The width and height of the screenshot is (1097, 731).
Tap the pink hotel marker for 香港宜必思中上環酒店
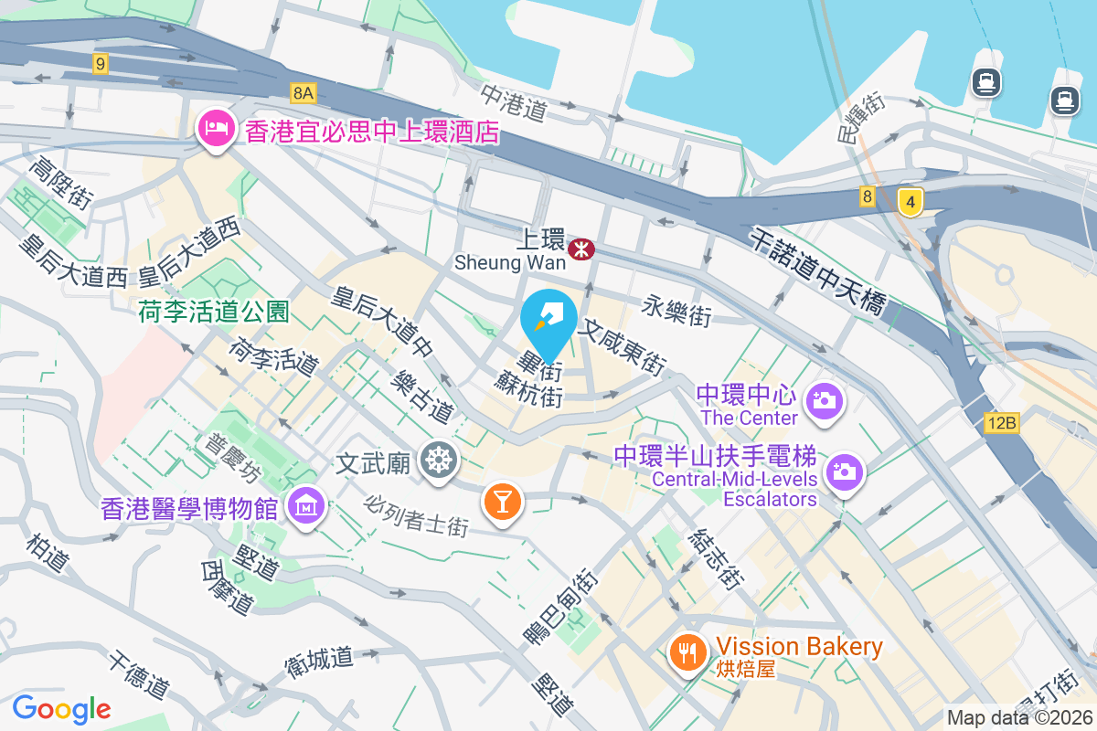(x=214, y=128)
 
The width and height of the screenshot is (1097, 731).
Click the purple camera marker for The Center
(x=824, y=399)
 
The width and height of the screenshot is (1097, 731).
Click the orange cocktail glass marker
(x=501, y=501)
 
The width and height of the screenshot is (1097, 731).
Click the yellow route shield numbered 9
(x=101, y=64)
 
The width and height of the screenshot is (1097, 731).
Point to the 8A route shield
(x=304, y=92)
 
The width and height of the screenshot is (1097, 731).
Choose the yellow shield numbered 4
(x=909, y=200)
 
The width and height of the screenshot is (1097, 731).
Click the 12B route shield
(x=1001, y=422)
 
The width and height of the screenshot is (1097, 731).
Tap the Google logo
(x=61, y=708)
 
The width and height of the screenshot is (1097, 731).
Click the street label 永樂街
(x=676, y=310)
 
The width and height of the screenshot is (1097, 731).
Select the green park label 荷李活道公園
(x=214, y=312)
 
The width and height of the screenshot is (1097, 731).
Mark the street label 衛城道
(x=318, y=660)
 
